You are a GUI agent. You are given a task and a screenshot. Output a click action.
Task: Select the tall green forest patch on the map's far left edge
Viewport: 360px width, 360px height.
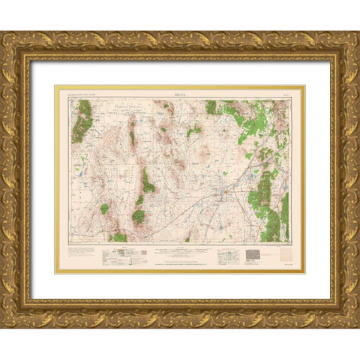pyautogui.click(x=82, y=120)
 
